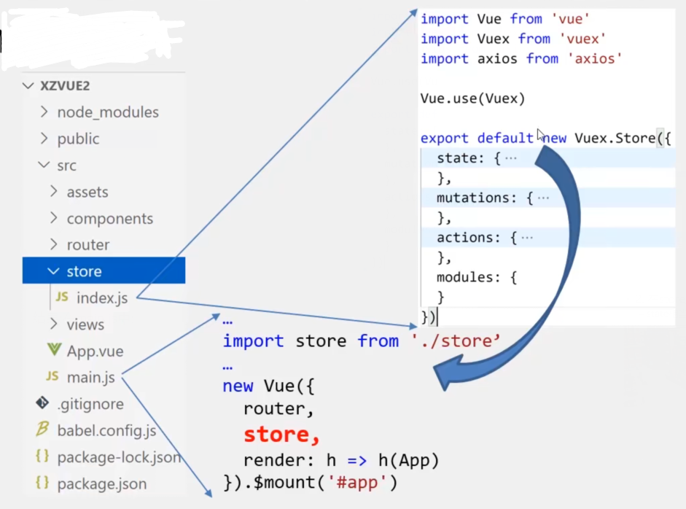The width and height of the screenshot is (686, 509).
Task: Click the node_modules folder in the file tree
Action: tap(107, 112)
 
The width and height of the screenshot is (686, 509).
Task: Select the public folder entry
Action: tap(78, 139)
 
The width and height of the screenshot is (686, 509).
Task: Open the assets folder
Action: tap(87, 192)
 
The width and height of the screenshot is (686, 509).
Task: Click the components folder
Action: tap(109, 219)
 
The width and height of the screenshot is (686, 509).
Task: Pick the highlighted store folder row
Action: tap(84, 271)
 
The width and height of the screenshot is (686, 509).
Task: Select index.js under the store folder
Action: tap(101, 298)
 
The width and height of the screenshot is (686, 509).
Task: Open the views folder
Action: tap(85, 325)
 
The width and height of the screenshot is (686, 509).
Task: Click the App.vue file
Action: tap(95, 351)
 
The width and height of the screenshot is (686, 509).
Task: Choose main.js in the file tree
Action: tap(90, 378)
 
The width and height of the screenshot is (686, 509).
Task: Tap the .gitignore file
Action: tap(90, 404)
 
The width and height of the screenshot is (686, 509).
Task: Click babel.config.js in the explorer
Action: tap(106, 430)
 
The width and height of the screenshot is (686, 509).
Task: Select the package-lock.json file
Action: tap(118, 457)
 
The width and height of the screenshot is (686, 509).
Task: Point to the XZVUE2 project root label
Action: tap(65, 86)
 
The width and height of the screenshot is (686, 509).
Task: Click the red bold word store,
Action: tap(281, 435)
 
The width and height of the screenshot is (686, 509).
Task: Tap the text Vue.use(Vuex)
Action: tap(472, 98)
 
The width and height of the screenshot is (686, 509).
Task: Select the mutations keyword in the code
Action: tap(477, 198)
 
